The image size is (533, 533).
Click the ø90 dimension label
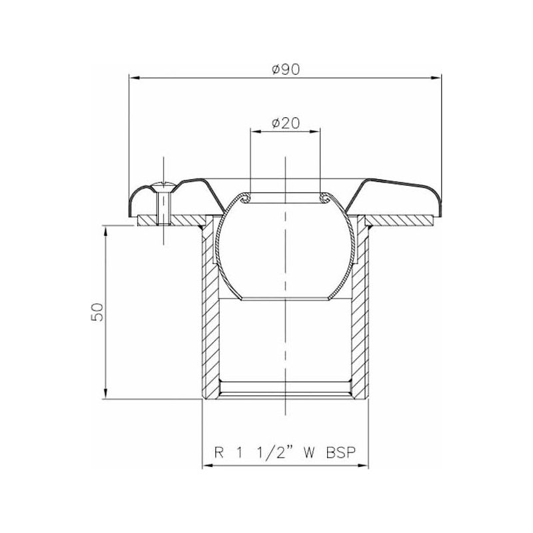tap(286, 69)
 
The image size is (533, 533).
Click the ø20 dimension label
tap(286, 123)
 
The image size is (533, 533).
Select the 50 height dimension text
tap(97, 312)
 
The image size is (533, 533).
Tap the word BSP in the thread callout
tap(341, 452)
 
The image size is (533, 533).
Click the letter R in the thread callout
tap(219, 452)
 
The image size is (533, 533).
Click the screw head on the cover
tap(164, 187)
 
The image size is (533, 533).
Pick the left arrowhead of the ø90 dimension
tap(135, 78)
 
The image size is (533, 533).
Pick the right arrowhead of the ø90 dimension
tap(436, 78)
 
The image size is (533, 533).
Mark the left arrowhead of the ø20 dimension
tap(256, 131)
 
